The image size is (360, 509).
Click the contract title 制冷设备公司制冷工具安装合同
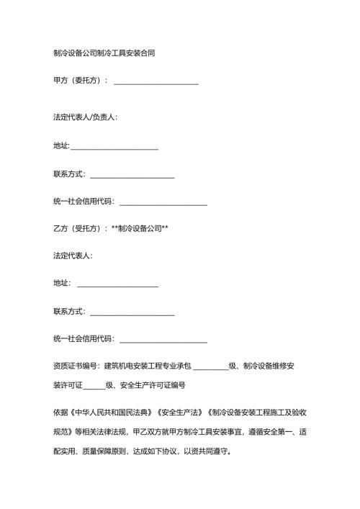coord(103,53)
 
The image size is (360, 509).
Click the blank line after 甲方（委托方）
coord(156,81)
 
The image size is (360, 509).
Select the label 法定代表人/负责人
coord(86,117)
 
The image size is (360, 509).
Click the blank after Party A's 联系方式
coord(132,174)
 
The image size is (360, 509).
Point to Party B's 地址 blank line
coord(117,284)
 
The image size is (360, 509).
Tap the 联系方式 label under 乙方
coord(69,312)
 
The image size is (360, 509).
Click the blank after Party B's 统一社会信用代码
coord(163,339)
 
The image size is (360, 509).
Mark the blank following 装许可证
coord(94,385)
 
